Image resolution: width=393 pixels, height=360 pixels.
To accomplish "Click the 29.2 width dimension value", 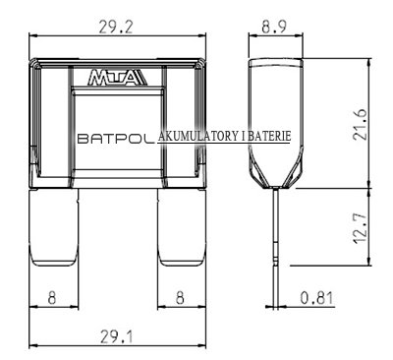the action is click(116, 27).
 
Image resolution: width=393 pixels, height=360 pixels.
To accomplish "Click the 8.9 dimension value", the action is click(274, 27).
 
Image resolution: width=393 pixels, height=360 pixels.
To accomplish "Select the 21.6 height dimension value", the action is click(360, 124).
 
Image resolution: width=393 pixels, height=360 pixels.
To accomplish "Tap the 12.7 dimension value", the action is click(360, 228).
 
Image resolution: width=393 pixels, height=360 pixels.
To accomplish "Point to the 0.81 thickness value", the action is click(316, 298).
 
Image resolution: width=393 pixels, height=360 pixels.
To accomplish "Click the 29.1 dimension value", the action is click(117, 336).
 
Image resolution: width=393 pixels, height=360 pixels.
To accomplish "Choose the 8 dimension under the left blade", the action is click(52, 298).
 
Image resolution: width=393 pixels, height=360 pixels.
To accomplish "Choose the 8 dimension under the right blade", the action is click(180, 298).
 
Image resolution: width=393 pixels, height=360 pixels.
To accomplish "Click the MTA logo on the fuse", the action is click(117, 78).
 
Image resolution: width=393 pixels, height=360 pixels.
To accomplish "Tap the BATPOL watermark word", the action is click(116, 139).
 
